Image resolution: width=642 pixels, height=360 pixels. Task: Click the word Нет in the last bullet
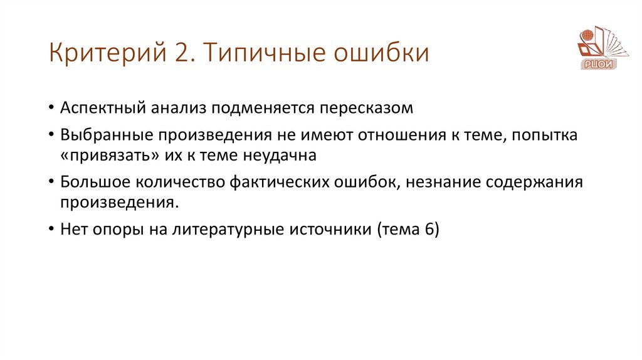74,229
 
